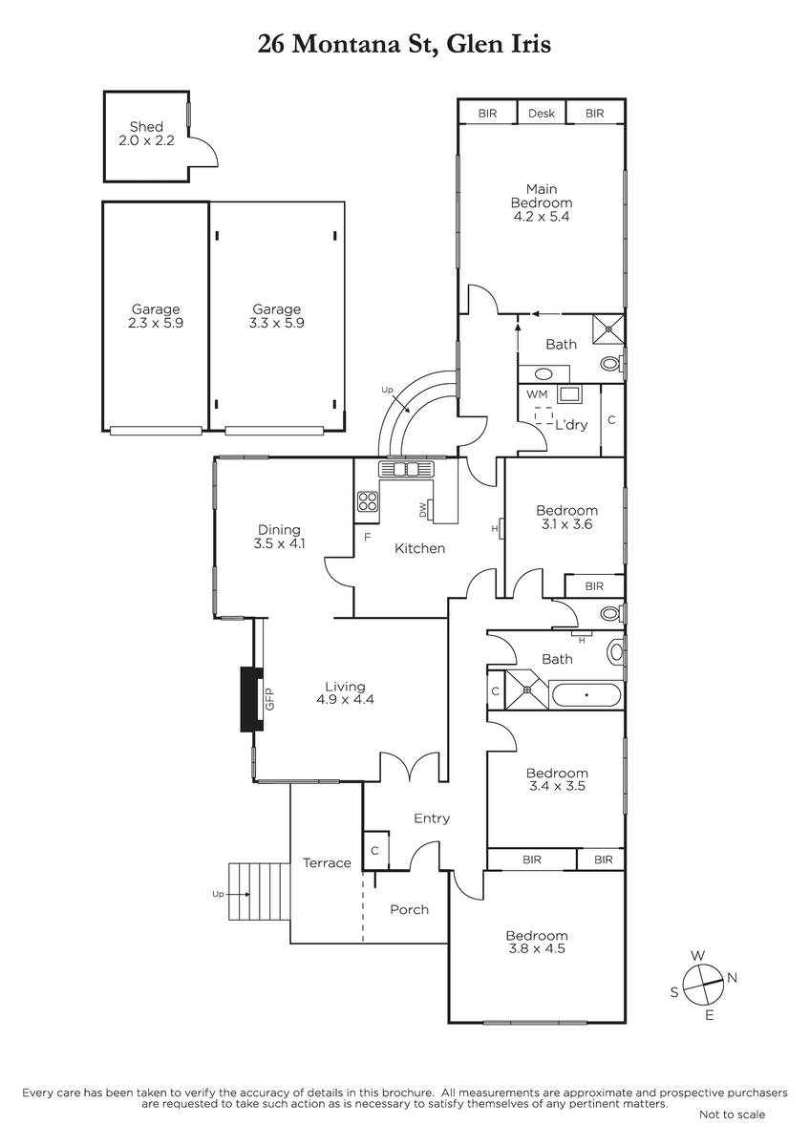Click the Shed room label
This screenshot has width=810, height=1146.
(146, 134)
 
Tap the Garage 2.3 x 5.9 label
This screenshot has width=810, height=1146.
(156, 316)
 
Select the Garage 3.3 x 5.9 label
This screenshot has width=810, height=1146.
(277, 316)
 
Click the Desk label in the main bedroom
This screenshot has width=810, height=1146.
(542, 113)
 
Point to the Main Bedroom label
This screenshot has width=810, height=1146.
(542, 202)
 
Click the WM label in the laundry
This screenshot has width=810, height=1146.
(537, 394)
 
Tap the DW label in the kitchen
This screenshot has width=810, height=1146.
(422, 510)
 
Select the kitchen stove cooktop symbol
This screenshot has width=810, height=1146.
(368, 500)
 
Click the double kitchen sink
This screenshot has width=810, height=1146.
(406, 469)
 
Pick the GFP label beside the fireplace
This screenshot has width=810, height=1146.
(270, 699)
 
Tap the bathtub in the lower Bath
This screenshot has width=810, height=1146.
(586, 695)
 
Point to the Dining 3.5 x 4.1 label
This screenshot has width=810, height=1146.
(279, 536)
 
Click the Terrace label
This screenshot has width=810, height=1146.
(327, 863)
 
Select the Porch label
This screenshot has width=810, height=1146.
(410, 909)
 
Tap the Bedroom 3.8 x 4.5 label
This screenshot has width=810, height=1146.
(537, 942)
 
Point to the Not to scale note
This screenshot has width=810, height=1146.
(733, 1114)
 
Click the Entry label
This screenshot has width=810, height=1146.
(432, 818)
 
